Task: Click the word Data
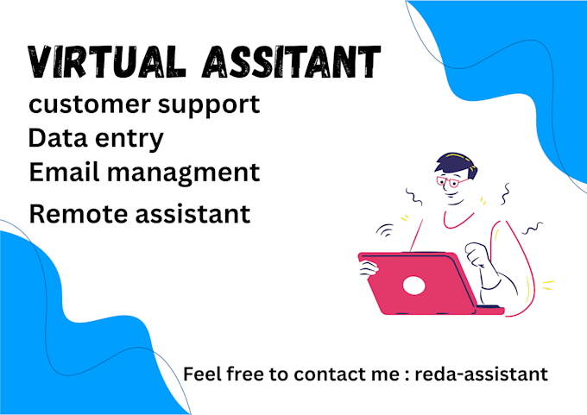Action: point(54,139)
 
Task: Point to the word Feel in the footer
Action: point(203,374)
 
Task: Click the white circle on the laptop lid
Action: point(414,286)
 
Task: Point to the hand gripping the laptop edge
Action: point(369,268)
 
